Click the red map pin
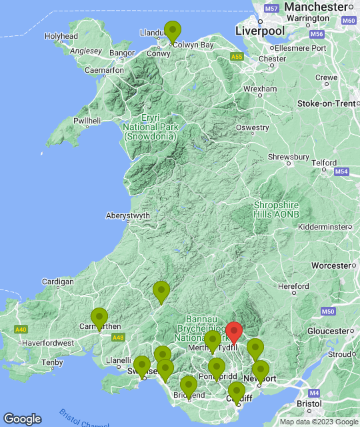pos(233,332)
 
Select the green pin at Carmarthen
pos(99,318)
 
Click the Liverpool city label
pos(260,31)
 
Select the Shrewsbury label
pos(289,157)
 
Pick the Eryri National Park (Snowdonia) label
pos(150,127)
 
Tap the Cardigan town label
pos(57,282)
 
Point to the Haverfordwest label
pos(46,343)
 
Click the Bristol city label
pos(309,404)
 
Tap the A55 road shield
pos(237,58)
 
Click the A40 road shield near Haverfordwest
pos(21,330)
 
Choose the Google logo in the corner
pos(22,418)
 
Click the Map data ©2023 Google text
pos(318,422)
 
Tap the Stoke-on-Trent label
pos(326,103)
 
